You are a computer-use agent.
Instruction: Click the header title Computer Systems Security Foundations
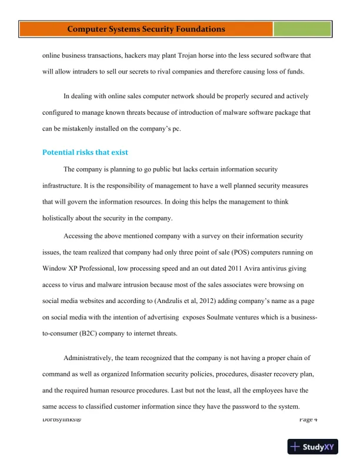146,29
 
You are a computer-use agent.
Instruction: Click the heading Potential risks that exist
85,152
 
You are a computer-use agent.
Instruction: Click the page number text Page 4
308,419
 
